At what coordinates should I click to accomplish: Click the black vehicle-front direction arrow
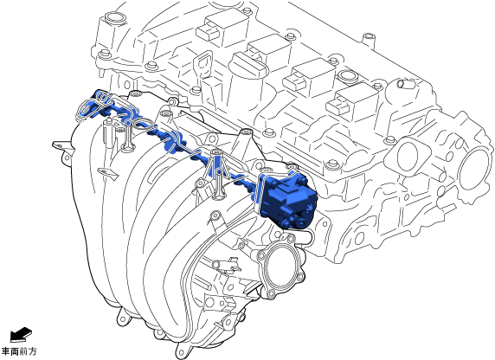click(x=21, y=335)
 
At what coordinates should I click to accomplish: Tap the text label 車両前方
click(x=19, y=351)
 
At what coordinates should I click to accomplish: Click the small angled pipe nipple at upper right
click(x=405, y=84)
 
